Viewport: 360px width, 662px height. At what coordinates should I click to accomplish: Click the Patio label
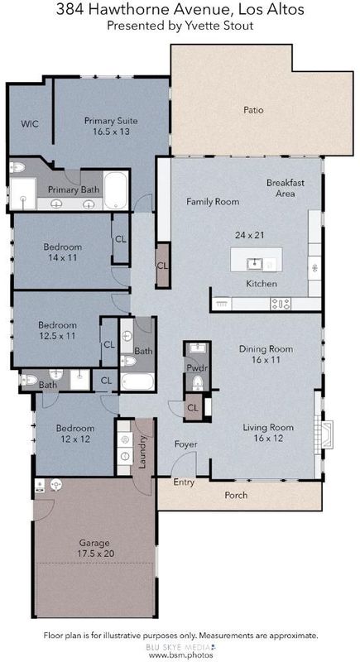click(253, 110)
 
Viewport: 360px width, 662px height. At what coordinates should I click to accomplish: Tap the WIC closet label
click(30, 123)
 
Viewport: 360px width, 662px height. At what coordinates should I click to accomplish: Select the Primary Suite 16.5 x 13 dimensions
click(111, 132)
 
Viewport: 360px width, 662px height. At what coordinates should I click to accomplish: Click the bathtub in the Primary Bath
click(116, 189)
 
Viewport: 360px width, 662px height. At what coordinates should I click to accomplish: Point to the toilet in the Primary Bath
click(17, 168)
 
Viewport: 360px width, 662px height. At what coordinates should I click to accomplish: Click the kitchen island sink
click(256, 264)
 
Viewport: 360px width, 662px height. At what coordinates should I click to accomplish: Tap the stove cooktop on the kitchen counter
click(281, 303)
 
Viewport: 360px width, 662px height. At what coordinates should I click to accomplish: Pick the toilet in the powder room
click(198, 383)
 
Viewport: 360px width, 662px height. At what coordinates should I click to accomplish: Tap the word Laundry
click(142, 452)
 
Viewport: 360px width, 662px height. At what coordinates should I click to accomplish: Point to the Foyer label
click(186, 444)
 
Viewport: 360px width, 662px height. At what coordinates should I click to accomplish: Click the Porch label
click(236, 495)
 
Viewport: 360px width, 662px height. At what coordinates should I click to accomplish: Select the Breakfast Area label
click(286, 189)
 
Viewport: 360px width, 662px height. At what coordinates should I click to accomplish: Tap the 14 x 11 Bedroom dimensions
click(62, 257)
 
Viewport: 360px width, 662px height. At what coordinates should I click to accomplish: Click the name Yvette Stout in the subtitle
click(227, 26)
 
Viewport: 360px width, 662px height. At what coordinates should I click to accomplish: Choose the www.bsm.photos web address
click(181, 655)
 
